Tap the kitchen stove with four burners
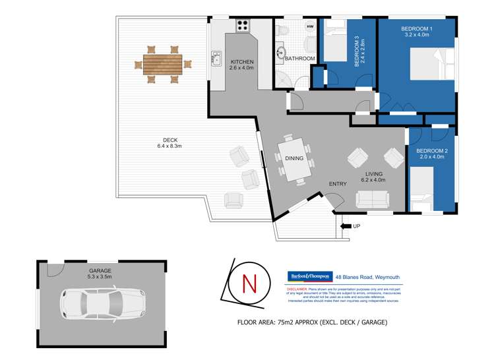243,26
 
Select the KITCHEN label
241,62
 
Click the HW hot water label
311,26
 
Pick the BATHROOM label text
301,59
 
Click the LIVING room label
373,173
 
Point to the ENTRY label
338,184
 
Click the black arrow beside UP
345,226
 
